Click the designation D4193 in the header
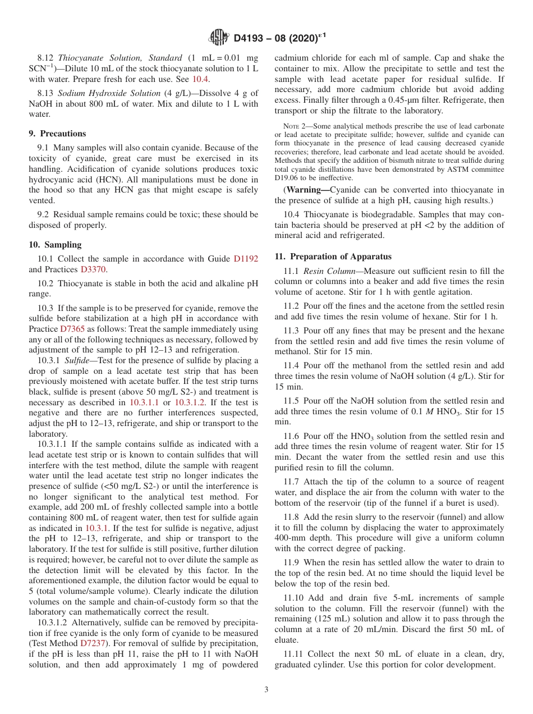click(x=253, y=38)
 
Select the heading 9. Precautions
click(x=57, y=134)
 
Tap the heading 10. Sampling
click(x=55, y=245)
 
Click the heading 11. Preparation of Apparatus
click(x=333, y=257)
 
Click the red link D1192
click(x=246, y=259)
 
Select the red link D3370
click(x=94, y=269)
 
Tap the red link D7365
click(x=72, y=329)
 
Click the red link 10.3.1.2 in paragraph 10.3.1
click(x=190, y=402)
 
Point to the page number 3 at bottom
click(x=266, y=690)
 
